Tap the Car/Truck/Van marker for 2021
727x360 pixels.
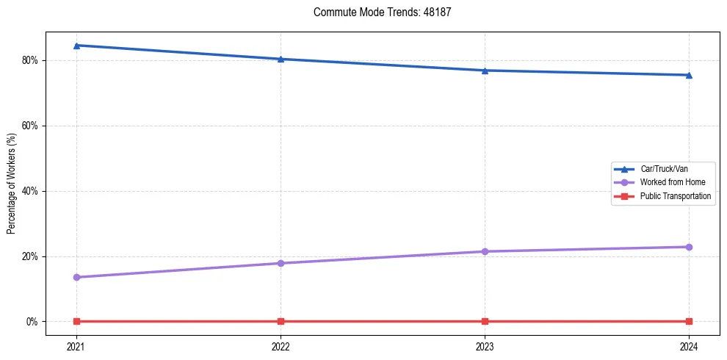click(76, 46)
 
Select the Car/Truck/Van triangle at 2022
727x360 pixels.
click(281, 59)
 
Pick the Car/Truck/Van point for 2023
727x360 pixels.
click(485, 71)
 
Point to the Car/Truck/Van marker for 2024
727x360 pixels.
click(689, 75)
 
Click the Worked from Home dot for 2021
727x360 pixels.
click(76, 277)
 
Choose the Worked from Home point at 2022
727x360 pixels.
click(281, 263)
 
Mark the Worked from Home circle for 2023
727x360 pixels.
click(485, 251)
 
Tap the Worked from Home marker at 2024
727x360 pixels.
click(689, 247)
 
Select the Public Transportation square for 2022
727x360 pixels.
click(281, 321)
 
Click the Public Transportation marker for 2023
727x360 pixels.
click(485, 321)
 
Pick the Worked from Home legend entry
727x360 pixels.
click(669, 182)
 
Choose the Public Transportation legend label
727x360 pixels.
click(675, 196)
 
